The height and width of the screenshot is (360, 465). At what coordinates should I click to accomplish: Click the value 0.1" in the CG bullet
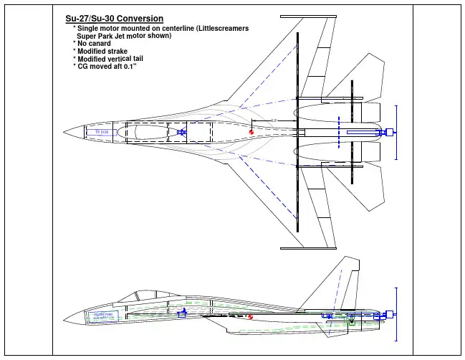point(130,67)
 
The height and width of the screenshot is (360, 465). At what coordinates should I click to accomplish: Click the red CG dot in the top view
point(251,132)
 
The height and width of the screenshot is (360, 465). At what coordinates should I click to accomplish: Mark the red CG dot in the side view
point(250,317)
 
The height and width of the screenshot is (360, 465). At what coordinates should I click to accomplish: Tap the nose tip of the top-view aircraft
point(64,132)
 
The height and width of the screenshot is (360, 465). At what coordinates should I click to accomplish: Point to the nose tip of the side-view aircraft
point(63,317)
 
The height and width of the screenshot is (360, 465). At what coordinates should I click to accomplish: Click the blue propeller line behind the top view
point(396,132)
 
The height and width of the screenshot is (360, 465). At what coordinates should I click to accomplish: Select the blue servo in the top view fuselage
point(182,133)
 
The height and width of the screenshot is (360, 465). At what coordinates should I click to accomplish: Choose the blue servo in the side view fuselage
point(182,314)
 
